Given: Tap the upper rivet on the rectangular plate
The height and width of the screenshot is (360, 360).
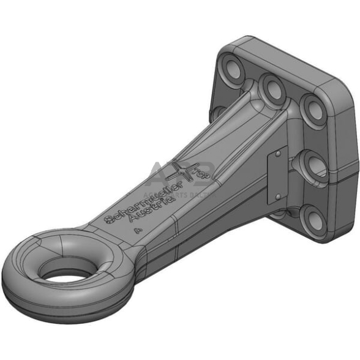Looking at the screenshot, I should (x=277, y=156).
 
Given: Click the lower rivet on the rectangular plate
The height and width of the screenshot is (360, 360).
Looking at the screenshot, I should (x=277, y=197).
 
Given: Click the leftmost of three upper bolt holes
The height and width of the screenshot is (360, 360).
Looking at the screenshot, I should (x=233, y=66).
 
